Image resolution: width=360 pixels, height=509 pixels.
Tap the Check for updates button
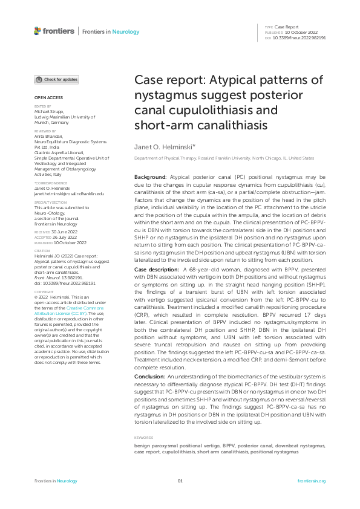[56, 79]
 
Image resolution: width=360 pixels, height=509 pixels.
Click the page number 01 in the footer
[180, 481]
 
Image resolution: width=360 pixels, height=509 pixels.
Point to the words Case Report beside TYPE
[288, 27]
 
